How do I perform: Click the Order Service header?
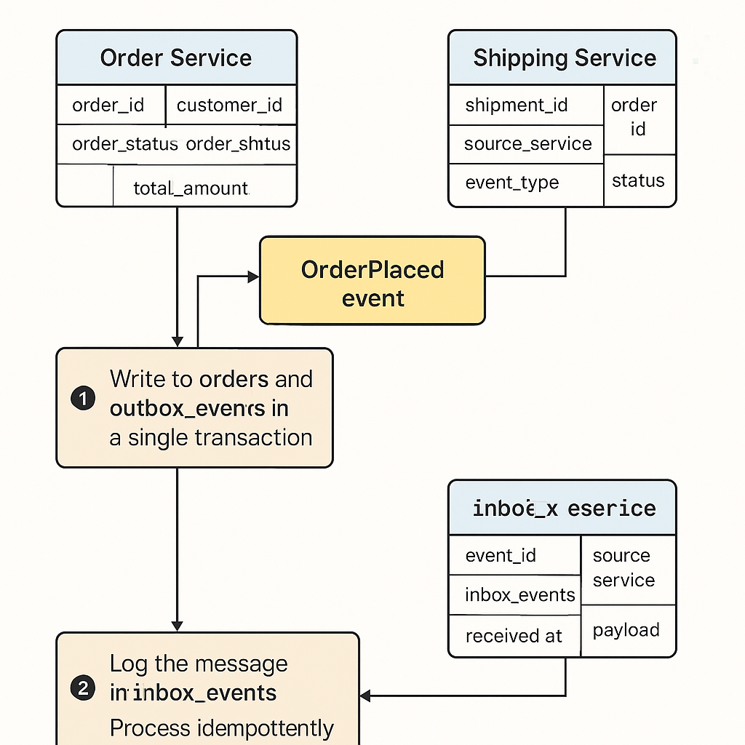pyautogui.click(x=176, y=58)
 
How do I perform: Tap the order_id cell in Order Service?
pyautogui.click(x=108, y=105)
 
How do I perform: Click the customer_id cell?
pyautogui.click(x=229, y=105)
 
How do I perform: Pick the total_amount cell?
pyautogui.click(x=191, y=188)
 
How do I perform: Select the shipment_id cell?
pyautogui.click(x=517, y=105)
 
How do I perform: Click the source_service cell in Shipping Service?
pyautogui.click(x=527, y=143)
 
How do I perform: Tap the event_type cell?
pyautogui.click(x=512, y=183)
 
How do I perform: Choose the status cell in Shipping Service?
pyautogui.click(x=638, y=180)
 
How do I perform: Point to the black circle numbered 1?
pyautogui.click(x=84, y=399)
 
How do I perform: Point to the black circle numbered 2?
pyautogui.click(x=84, y=688)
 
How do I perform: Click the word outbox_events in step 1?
pyautogui.click(x=189, y=409)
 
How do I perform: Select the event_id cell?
pyautogui.click(x=501, y=556)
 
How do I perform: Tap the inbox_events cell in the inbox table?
pyautogui.click(x=519, y=595)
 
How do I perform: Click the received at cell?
pyautogui.click(x=514, y=636)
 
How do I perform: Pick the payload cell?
pyautogui.click(x=626, y=630)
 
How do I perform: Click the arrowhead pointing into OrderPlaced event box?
pyautogui.click(x=254, y=276)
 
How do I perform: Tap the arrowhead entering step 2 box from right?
pyautogui.click(x=365, y=696)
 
